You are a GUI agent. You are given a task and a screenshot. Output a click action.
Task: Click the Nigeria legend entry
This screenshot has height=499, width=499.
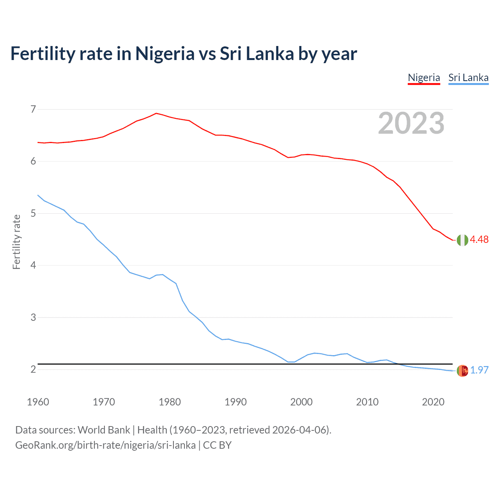pos(424,78)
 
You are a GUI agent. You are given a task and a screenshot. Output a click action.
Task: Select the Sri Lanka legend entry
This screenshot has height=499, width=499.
pos(468,78)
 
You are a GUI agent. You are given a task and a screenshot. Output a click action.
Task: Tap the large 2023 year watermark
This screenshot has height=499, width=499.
pos(411,123)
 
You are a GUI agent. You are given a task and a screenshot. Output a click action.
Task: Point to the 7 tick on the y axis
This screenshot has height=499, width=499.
pos(33,109)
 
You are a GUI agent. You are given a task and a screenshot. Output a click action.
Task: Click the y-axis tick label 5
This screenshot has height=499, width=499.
pos(33,213)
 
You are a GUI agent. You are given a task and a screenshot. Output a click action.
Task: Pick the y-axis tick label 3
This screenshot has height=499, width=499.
pos(33,317)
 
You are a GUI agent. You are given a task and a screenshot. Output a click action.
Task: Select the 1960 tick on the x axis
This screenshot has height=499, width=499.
pos(38,402)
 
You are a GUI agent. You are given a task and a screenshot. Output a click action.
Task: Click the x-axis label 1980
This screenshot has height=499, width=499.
pos(170,402)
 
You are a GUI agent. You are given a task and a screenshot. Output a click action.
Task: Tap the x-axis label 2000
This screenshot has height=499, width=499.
pos(301,402)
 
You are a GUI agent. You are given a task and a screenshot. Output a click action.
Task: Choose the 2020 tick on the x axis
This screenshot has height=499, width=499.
pos(433,402)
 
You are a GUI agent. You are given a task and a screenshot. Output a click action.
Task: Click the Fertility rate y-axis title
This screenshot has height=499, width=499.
pos(16,242)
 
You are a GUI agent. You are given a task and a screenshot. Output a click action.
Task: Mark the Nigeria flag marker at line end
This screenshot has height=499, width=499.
pos(462,240)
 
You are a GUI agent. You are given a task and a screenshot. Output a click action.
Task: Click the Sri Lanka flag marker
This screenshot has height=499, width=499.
pos(462,371)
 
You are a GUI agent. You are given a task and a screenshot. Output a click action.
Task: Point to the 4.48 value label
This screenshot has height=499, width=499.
pos(479,240)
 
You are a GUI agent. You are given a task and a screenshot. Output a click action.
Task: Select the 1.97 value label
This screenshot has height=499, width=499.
pos(479,370)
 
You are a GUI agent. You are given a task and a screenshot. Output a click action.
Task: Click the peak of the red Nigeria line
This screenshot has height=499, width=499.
pos(156,113)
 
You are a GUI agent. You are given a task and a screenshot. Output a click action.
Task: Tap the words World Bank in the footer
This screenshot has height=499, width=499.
pos(104,430)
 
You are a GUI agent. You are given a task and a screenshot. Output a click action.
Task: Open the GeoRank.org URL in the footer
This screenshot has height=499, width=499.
pos(105,445)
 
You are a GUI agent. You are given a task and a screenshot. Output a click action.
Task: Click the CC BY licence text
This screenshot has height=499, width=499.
pos(217,445)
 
